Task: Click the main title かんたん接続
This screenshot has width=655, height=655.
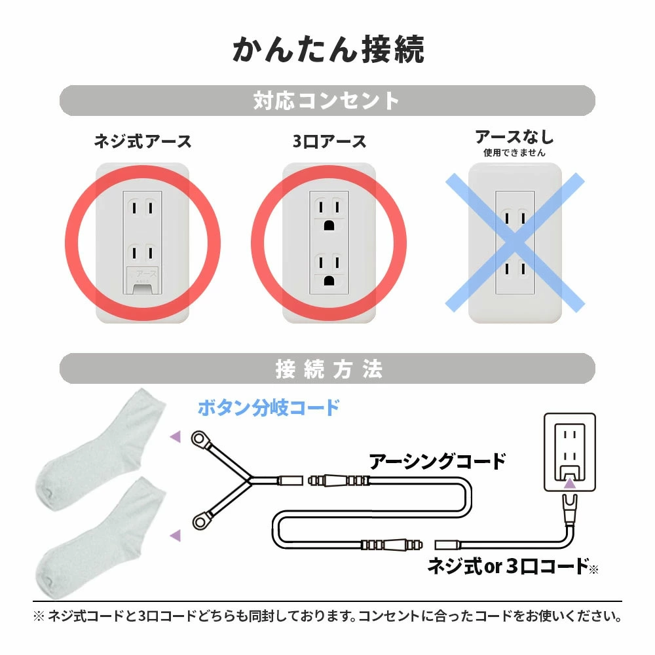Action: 328,50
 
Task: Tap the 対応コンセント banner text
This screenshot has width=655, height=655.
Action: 327,101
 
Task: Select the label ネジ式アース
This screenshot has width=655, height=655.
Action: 142,141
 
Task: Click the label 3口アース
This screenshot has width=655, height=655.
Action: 329,141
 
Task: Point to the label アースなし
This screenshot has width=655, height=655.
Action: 515,137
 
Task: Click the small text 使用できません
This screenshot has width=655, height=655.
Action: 515,153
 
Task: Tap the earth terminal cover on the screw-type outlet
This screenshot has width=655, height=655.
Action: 142,280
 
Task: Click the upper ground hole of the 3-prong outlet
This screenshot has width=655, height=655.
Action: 329,225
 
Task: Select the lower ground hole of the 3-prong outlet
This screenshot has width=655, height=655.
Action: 329,280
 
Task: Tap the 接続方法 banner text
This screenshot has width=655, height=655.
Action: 329,369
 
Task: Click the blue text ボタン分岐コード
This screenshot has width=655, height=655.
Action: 269,407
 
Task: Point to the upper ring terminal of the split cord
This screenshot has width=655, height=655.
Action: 200,439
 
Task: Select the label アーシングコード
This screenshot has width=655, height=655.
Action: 437,462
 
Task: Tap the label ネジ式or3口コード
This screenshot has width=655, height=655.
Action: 508,567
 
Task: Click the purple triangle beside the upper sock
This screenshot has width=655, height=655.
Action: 176,436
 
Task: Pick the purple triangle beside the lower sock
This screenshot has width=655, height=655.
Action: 176,535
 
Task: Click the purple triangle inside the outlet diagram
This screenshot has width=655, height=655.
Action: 570,483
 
